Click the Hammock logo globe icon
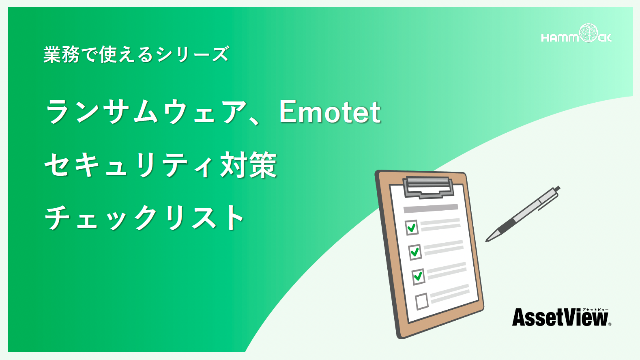click(x=588, y=32)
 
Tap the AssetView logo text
click(x=560, y=317)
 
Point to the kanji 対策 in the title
click(x=248, y=165)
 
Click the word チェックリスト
click(x=144, y=217)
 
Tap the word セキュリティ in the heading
click(x=130, y=165)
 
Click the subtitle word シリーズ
click(x=193, y=54)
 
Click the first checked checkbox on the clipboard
click(x=412, y=228)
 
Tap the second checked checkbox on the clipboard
click(x=415, y=252)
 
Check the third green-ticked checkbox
click(x=418, y=276)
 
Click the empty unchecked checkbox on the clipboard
click(x=422, y=301)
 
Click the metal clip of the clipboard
click(x=428, y=187)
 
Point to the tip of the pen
click(x=486, y=241)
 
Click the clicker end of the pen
click(x=557, y=188)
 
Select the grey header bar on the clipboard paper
click(x=431, y=208)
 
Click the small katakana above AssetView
click(x=595, y=310)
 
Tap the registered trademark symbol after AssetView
click(x=610, y=324)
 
